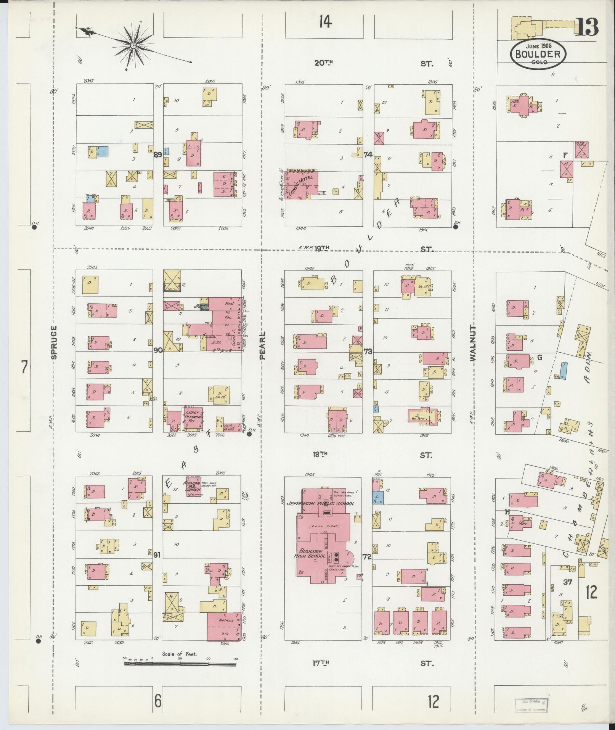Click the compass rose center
[134, 46]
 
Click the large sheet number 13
[586, 27]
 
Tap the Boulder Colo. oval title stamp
[538, 54]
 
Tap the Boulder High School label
[312, 554]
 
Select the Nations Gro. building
[224, 627]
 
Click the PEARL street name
[262, 345]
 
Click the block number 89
[158, 155]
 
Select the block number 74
[368, 155]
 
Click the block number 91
[157, 555]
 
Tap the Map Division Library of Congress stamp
[531, 705]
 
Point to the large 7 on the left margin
[24, 368]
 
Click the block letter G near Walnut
[539, 358]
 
